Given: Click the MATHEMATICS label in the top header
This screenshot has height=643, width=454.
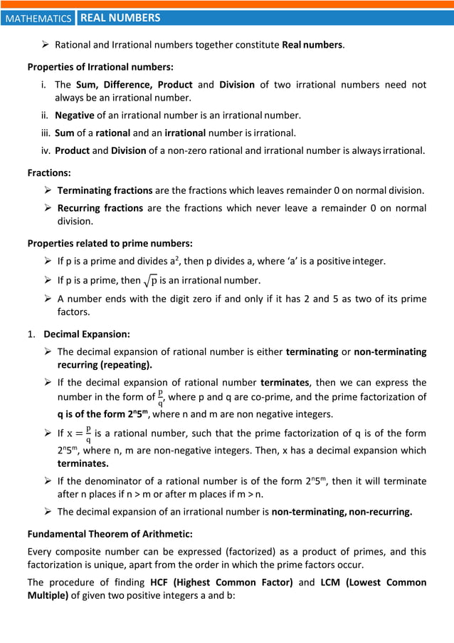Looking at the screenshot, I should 38,19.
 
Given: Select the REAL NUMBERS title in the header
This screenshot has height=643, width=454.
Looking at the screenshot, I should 120,18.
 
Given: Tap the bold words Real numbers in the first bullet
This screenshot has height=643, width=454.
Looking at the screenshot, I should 313,45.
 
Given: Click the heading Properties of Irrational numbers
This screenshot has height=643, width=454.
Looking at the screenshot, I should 100,67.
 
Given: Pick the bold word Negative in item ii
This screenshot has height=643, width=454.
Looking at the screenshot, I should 75,115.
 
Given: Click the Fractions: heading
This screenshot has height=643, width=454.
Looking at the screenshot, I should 48,173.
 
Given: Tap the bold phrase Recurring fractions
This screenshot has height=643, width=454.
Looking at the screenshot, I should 100,208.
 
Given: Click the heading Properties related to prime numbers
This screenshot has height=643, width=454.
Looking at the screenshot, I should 100,243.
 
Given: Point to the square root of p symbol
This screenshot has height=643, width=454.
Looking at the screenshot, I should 150,280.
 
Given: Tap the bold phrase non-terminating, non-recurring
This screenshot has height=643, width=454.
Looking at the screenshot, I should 342,512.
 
